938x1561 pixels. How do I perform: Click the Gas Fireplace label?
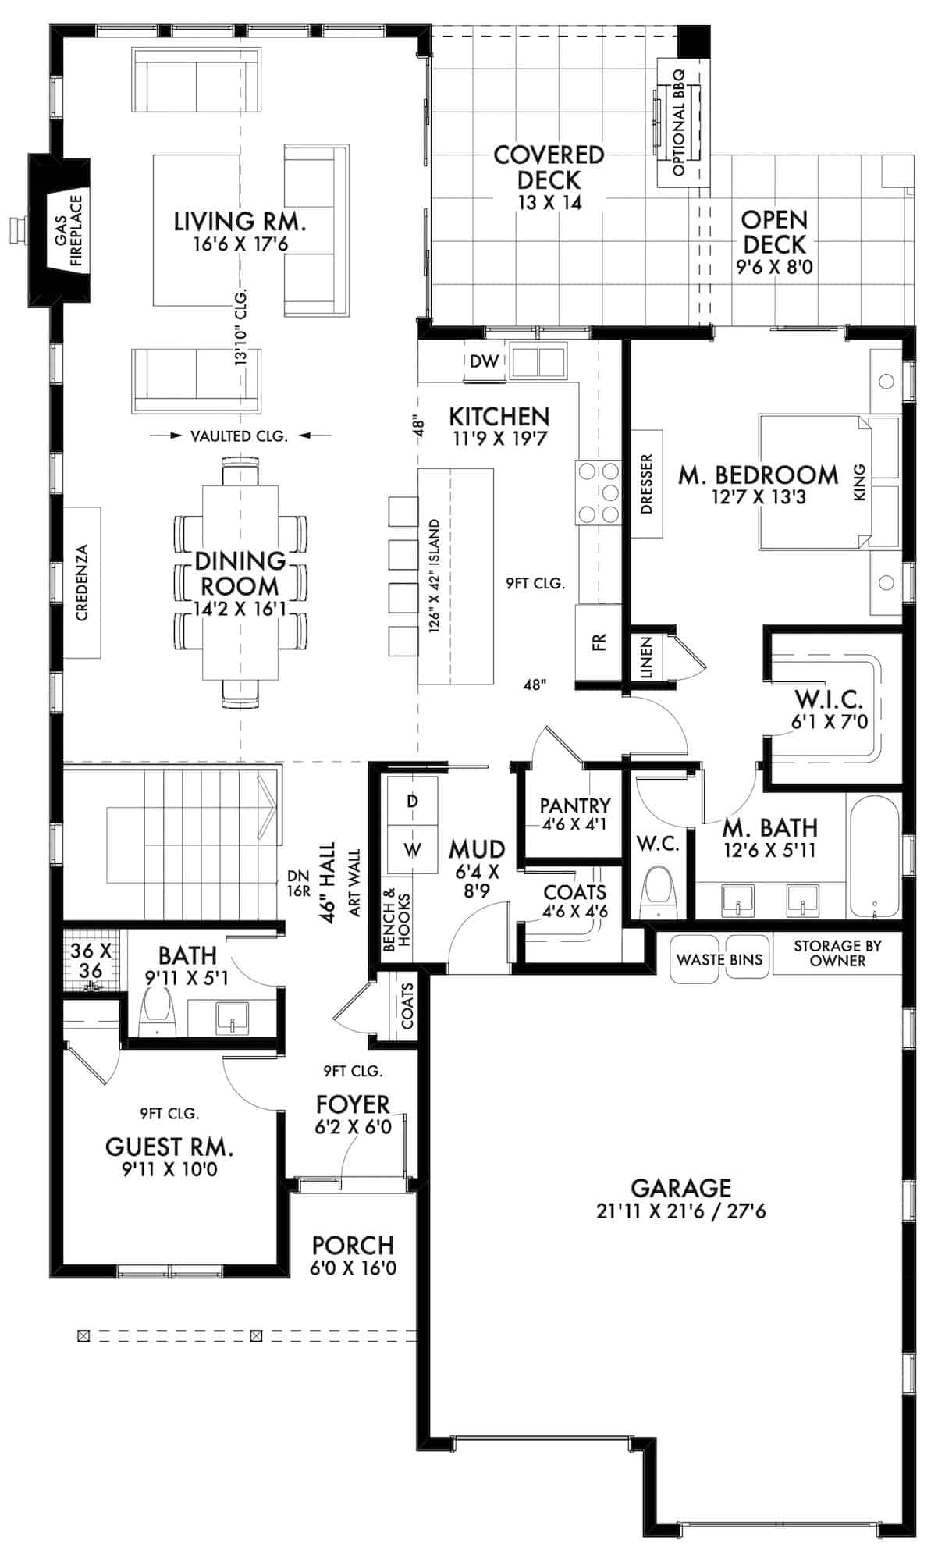click(x=68, y=230)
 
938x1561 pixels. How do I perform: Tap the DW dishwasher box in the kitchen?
click(x=484, y=361)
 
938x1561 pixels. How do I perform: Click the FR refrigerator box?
click(x=599, y=642)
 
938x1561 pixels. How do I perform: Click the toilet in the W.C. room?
click(x=659, y=894)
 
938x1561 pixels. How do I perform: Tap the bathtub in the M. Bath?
click(x=873, y=856)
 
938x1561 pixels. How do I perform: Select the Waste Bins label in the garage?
click(x=719, y=959)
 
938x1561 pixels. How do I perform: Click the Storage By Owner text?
click(x=837, y=953)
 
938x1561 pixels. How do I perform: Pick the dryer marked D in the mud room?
click(x=412, y=802)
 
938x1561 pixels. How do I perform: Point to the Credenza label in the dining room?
click(x=82, y=582)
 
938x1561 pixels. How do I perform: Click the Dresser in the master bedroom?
click(x=645, y=484)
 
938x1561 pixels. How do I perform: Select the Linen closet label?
click(x=646, y=657)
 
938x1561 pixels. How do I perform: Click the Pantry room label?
click(x=574, y=805)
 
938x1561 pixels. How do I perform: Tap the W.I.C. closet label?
click(x=828, y=699)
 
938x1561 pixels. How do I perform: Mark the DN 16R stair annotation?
click(x=298, y=884)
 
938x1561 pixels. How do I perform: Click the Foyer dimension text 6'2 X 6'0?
click(x=353, y=1127)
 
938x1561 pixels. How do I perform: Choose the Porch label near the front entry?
click(x=353, y=1245)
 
